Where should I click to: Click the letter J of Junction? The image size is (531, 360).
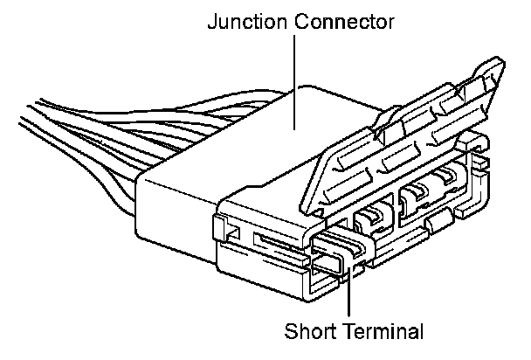click(212, 21)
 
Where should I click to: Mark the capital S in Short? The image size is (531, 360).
click(291, 331)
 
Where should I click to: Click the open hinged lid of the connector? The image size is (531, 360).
click(402, 140)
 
